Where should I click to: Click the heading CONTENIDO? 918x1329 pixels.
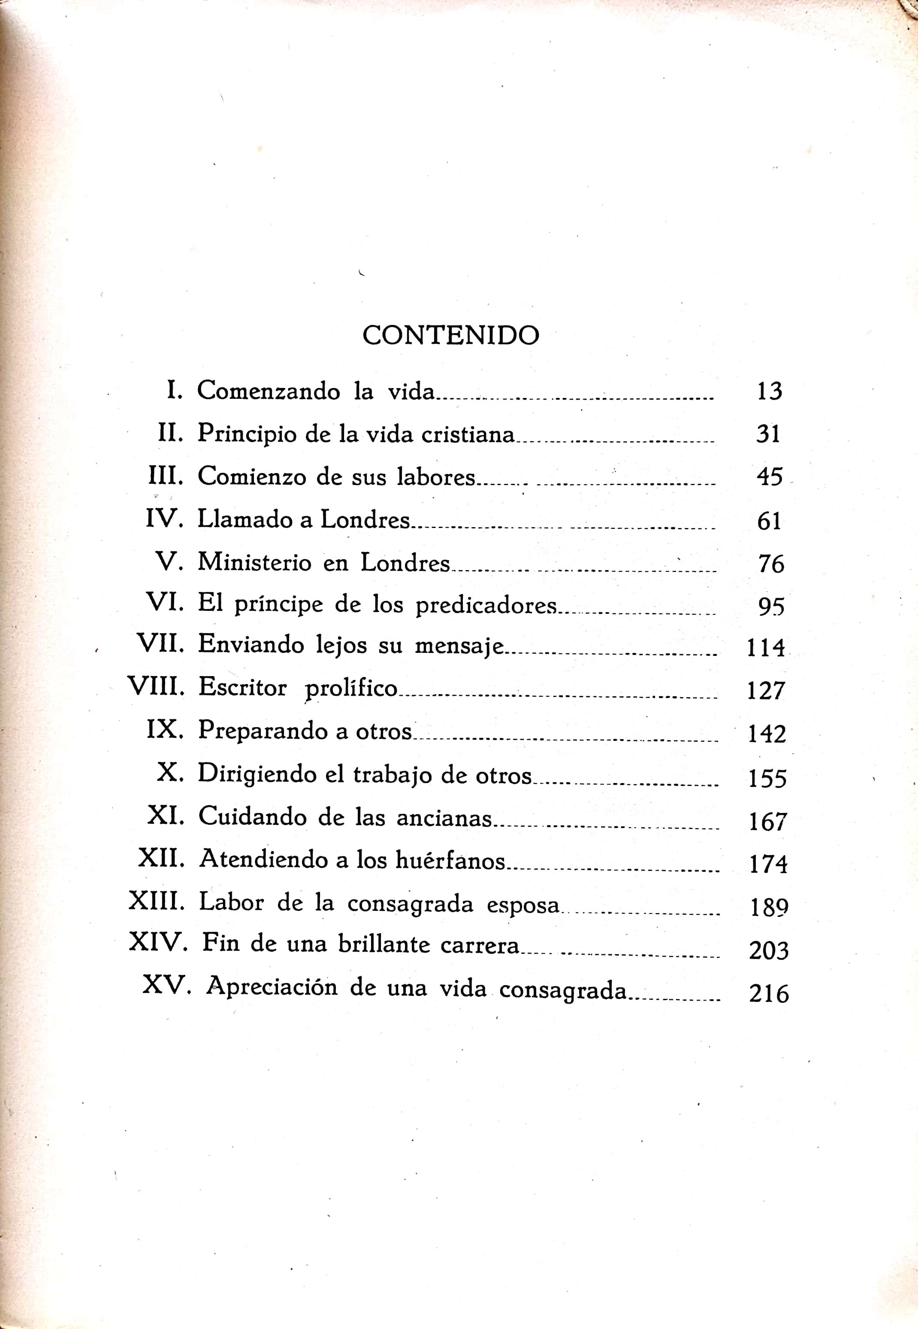(450, 335)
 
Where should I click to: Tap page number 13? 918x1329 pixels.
(769, 391)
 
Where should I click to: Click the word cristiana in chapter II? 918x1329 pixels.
(468, 434)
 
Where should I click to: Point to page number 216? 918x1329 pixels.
(768, 993)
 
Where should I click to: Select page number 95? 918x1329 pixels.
(771, 606)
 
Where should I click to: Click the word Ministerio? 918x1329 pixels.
(254, 562)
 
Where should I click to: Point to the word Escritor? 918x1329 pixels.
(242, 687)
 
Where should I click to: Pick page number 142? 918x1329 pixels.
(767, 734)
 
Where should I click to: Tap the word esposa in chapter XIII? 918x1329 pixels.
(523, 905)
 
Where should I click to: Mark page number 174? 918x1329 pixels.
(768, 864)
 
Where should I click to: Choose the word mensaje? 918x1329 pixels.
(459, 646)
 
